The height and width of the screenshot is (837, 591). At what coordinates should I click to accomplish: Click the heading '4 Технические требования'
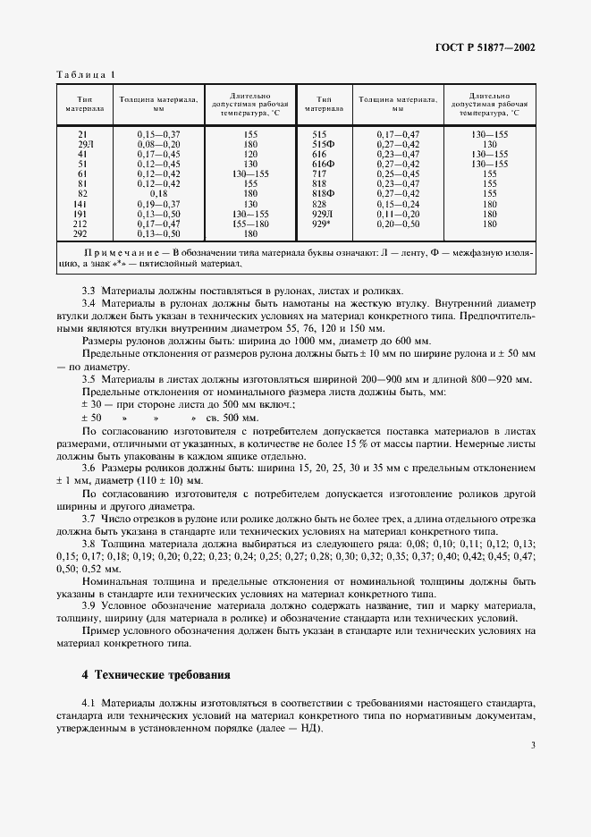pyautogui.click(x=156, y=674)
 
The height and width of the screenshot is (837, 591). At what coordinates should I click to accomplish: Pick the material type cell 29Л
pyautogui.click(x=84, y=143)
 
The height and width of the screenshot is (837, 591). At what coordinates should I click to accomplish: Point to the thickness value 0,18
pyautogui.click(x=158, y=193)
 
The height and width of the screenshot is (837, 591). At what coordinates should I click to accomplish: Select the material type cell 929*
pyautogui.click(x=323, y=224)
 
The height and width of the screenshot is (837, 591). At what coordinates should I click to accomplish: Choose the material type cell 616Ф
pyautogui.click(x=323, y=164)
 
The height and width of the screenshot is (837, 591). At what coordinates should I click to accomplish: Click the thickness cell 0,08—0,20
pyautogui.click(x=158, y=143)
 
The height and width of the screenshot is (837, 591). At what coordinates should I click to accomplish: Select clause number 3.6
pyautogui.click(x=89, y=467)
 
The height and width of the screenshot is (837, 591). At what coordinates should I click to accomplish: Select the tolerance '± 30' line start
pyautogui.click(x=92, y=404)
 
